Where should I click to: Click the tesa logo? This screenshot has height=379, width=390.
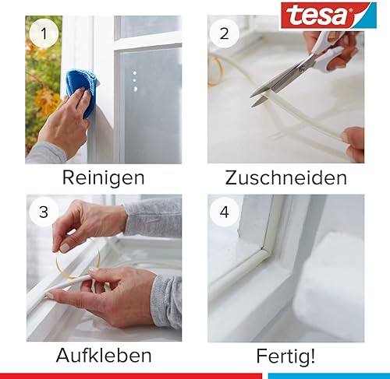click(x=328, y=16)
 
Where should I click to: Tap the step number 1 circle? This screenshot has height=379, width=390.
click(x=44, y=33)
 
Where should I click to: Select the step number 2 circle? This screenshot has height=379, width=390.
click(x=224, y=33)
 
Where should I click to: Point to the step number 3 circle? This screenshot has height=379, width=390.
click(x=44, y=212)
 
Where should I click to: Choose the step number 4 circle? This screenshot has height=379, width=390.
click(x=224, y=212)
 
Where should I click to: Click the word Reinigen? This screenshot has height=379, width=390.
click(x=104, y=178)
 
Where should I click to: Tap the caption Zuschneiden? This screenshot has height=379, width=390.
click(x=286, y=178)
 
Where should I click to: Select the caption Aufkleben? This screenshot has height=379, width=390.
click(x=104, y=356)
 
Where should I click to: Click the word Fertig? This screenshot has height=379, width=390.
click(x=285, y=356)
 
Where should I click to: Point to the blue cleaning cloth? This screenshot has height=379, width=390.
click(x=83, y=91)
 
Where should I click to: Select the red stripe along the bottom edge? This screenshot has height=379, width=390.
click(x=131, y=376)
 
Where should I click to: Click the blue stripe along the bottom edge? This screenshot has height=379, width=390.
click(x=329, y=376)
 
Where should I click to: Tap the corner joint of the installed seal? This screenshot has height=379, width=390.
click(x=264, y=251)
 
